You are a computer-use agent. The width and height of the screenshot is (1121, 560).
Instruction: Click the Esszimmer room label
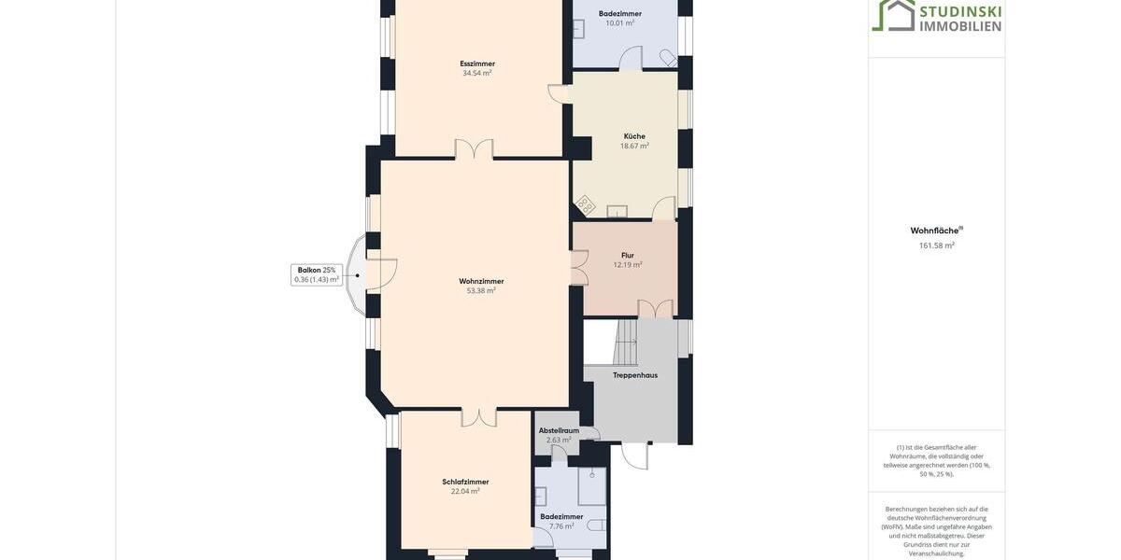pos(477,63)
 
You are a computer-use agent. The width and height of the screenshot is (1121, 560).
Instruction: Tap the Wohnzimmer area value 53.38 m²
pos(481,290)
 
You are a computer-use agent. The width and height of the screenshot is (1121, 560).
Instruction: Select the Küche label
pos(634,136)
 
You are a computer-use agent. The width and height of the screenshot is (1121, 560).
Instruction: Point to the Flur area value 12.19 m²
pos(628,265)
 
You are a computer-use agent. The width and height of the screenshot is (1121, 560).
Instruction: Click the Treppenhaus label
pos(635,375)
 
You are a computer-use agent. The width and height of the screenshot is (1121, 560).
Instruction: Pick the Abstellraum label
pos(559,430)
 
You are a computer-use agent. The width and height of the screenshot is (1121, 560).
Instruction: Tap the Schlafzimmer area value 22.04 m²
pos(465,491)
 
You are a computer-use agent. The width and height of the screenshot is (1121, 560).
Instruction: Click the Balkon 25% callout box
pos(317,274)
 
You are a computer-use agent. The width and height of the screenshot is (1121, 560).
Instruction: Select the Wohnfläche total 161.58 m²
pos(936,245)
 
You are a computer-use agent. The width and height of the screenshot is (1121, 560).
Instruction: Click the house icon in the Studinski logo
pos(893,15)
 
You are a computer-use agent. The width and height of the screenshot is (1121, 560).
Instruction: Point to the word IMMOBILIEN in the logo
pos(960,26)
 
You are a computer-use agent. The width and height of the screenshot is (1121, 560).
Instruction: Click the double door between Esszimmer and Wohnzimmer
pos(474,149)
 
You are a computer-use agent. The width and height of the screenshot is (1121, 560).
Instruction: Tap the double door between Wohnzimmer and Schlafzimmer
pos(479,417)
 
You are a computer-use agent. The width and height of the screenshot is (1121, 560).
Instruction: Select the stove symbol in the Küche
pos(585,204)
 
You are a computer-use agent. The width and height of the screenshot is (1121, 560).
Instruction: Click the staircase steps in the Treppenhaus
pos(626,342)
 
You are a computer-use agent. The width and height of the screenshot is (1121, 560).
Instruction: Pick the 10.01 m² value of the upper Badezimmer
pos(620,23)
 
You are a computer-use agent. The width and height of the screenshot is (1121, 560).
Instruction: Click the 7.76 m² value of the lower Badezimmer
pos(561,526)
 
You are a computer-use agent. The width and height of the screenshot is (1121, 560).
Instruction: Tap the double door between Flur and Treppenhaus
pos(655,309)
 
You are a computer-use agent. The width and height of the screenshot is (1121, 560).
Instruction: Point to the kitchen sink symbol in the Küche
pos(617,211)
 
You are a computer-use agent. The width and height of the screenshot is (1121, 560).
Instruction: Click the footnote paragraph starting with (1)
pos(936,460)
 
